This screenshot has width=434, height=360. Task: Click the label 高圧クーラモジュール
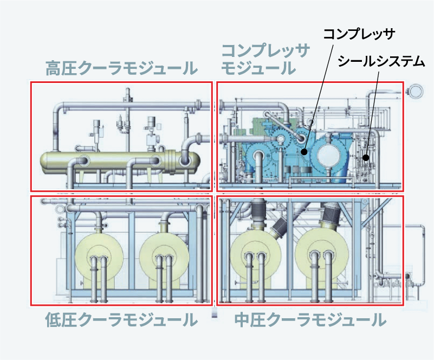point(121,69)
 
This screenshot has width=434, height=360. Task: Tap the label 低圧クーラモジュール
point(121,320)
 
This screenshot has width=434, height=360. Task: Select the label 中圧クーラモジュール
point(310,320)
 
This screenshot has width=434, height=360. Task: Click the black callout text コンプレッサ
point(359,35)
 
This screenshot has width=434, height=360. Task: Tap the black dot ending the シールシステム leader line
point(366,158)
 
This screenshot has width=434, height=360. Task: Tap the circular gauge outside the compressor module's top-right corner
point(416,90)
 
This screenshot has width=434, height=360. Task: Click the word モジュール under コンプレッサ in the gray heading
point(259,69)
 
